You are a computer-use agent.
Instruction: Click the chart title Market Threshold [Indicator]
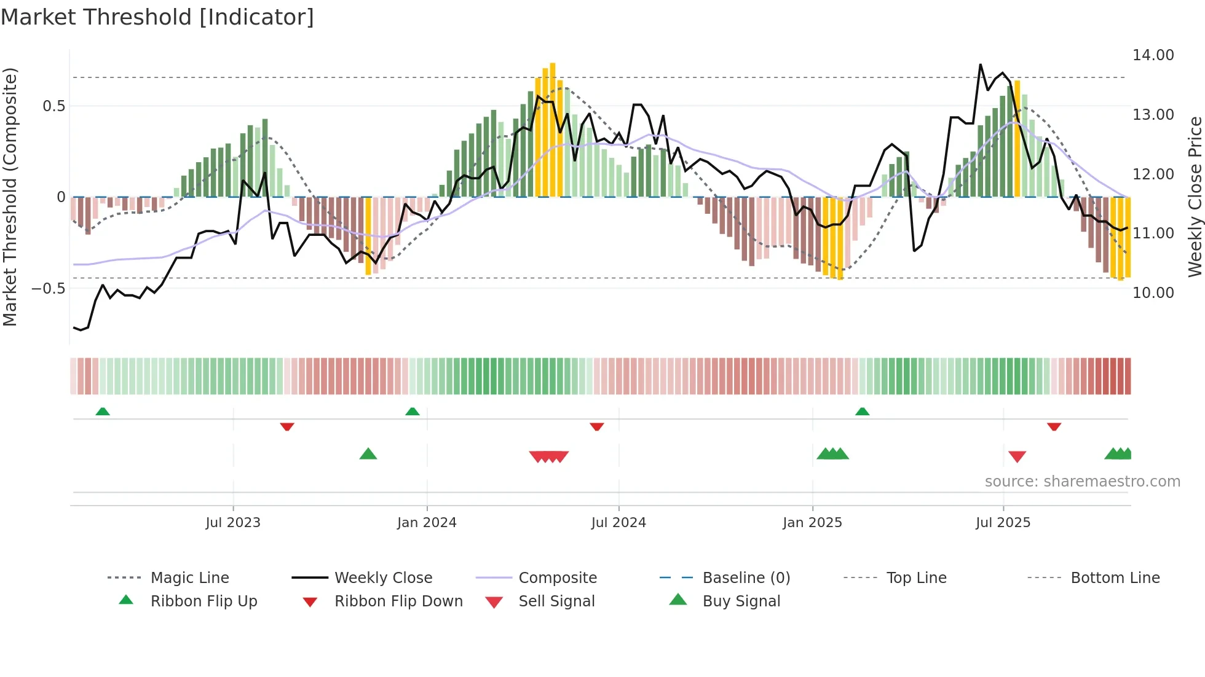coord(157,17)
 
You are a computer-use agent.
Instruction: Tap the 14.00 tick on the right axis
coord(1153,55)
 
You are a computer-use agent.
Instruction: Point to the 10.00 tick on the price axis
coord(1153,293)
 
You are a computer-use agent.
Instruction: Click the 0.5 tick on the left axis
coord(53,106)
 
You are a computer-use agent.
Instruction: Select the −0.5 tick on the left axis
coord(49,289)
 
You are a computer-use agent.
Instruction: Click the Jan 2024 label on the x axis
coord(427,523)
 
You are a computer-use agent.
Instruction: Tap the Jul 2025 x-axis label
coord(1003,523)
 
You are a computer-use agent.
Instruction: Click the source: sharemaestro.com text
coord(1082,482)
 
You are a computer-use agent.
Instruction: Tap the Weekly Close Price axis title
coord(1195,197)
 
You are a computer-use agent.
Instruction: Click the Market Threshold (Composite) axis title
coord(10,197)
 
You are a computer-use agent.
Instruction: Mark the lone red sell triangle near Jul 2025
coord(1017,456)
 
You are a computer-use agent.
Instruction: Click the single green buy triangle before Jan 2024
coord(368,454)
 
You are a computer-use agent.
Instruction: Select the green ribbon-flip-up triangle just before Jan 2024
coord(413,411)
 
